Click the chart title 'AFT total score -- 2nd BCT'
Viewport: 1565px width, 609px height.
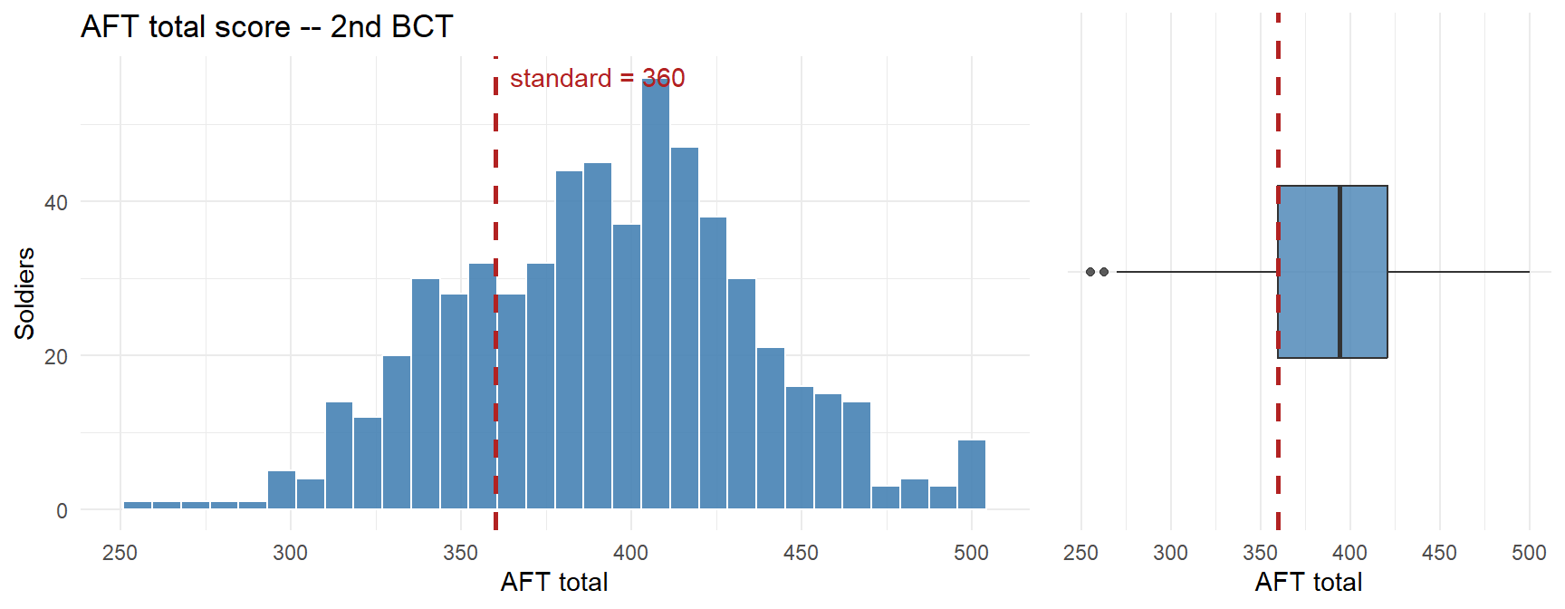[x=266, y=26]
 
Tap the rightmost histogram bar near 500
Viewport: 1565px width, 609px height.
[x=972, y=475]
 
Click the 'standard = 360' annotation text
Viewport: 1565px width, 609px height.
[x=597, y=79]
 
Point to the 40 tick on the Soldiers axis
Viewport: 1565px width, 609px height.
[x=56, y=203]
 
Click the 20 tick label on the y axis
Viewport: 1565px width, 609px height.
[x=56, y=357]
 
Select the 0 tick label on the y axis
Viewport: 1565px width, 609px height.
[x=62, y=511]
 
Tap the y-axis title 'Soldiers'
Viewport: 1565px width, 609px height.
[x=24, y=294]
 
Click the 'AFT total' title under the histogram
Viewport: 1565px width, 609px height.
[x=554, y=582]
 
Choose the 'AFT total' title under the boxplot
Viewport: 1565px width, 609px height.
[x=1308, y=582]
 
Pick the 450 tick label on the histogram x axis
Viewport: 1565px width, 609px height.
[x=801, y=553]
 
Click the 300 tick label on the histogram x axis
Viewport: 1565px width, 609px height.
[x=291, y=553]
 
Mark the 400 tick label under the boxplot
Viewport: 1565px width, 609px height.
[x=1349, y=553]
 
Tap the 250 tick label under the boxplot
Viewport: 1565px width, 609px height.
[x=1080, y=553]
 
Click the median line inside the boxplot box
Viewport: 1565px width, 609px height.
[x=1339, y=272]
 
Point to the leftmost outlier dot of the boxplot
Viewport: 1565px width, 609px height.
[x=1090, y=272]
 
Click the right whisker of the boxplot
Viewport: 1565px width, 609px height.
[x=1458, y=272]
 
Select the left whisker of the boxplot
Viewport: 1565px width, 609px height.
[x=1195, y=272]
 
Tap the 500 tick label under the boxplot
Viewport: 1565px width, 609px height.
[x=1529, y=553]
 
